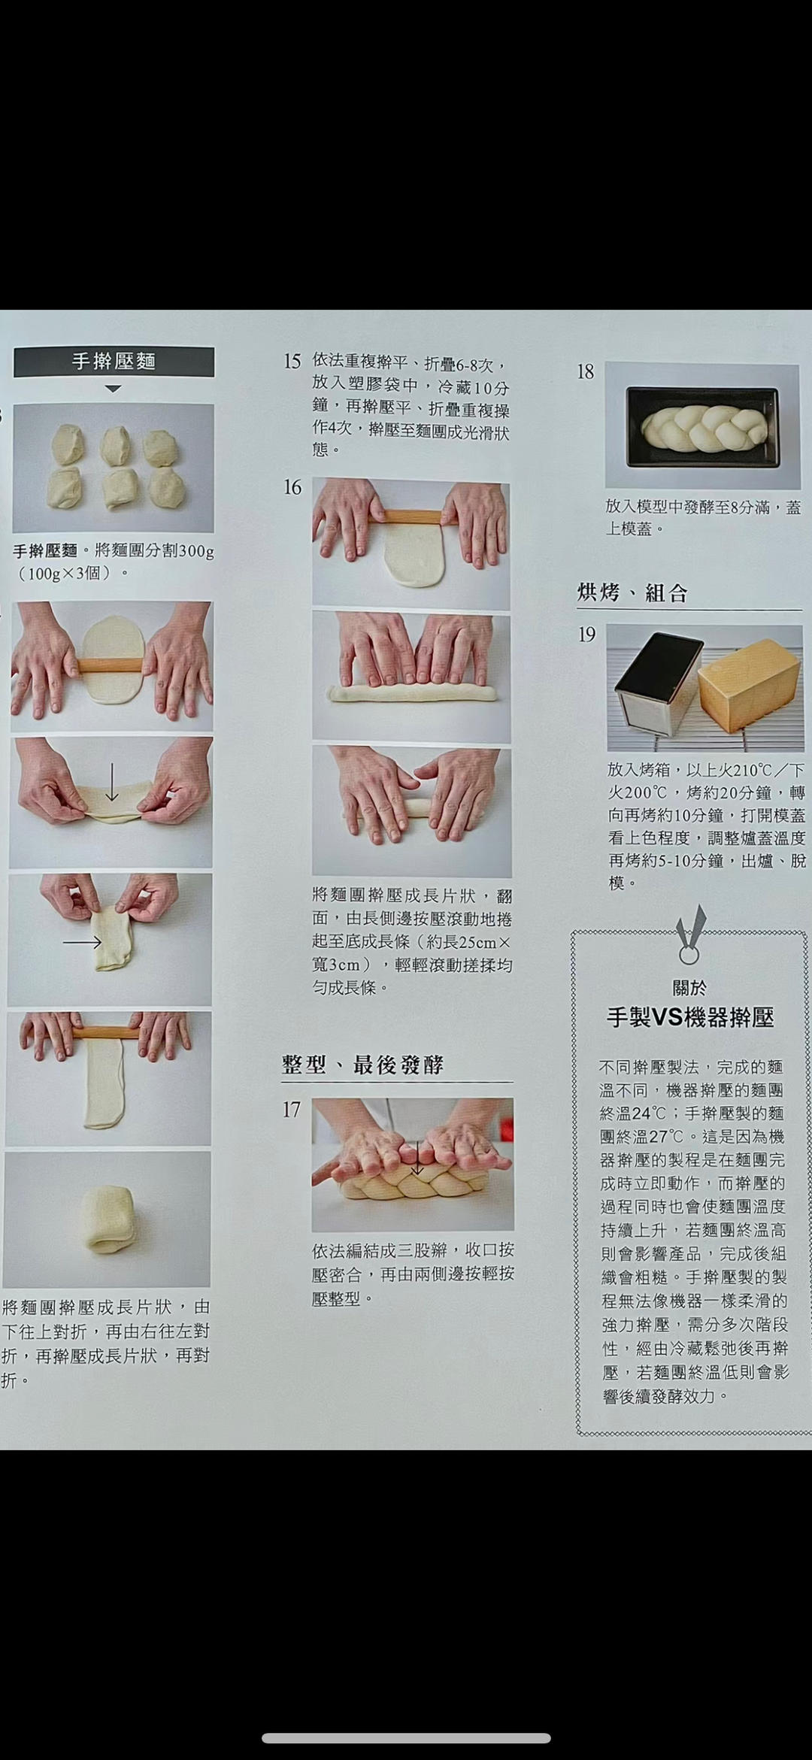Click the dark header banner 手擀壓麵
114,362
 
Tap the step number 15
292,362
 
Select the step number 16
292,488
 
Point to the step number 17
291,1110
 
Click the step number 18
585,371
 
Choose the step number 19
586,635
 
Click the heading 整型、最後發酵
362,1065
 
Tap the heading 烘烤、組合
632,593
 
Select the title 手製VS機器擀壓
689,1017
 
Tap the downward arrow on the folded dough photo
111,783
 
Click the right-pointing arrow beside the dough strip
82,942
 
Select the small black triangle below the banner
113,389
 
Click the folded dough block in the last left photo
108,1219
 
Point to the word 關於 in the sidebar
689,988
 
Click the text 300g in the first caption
197,551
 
